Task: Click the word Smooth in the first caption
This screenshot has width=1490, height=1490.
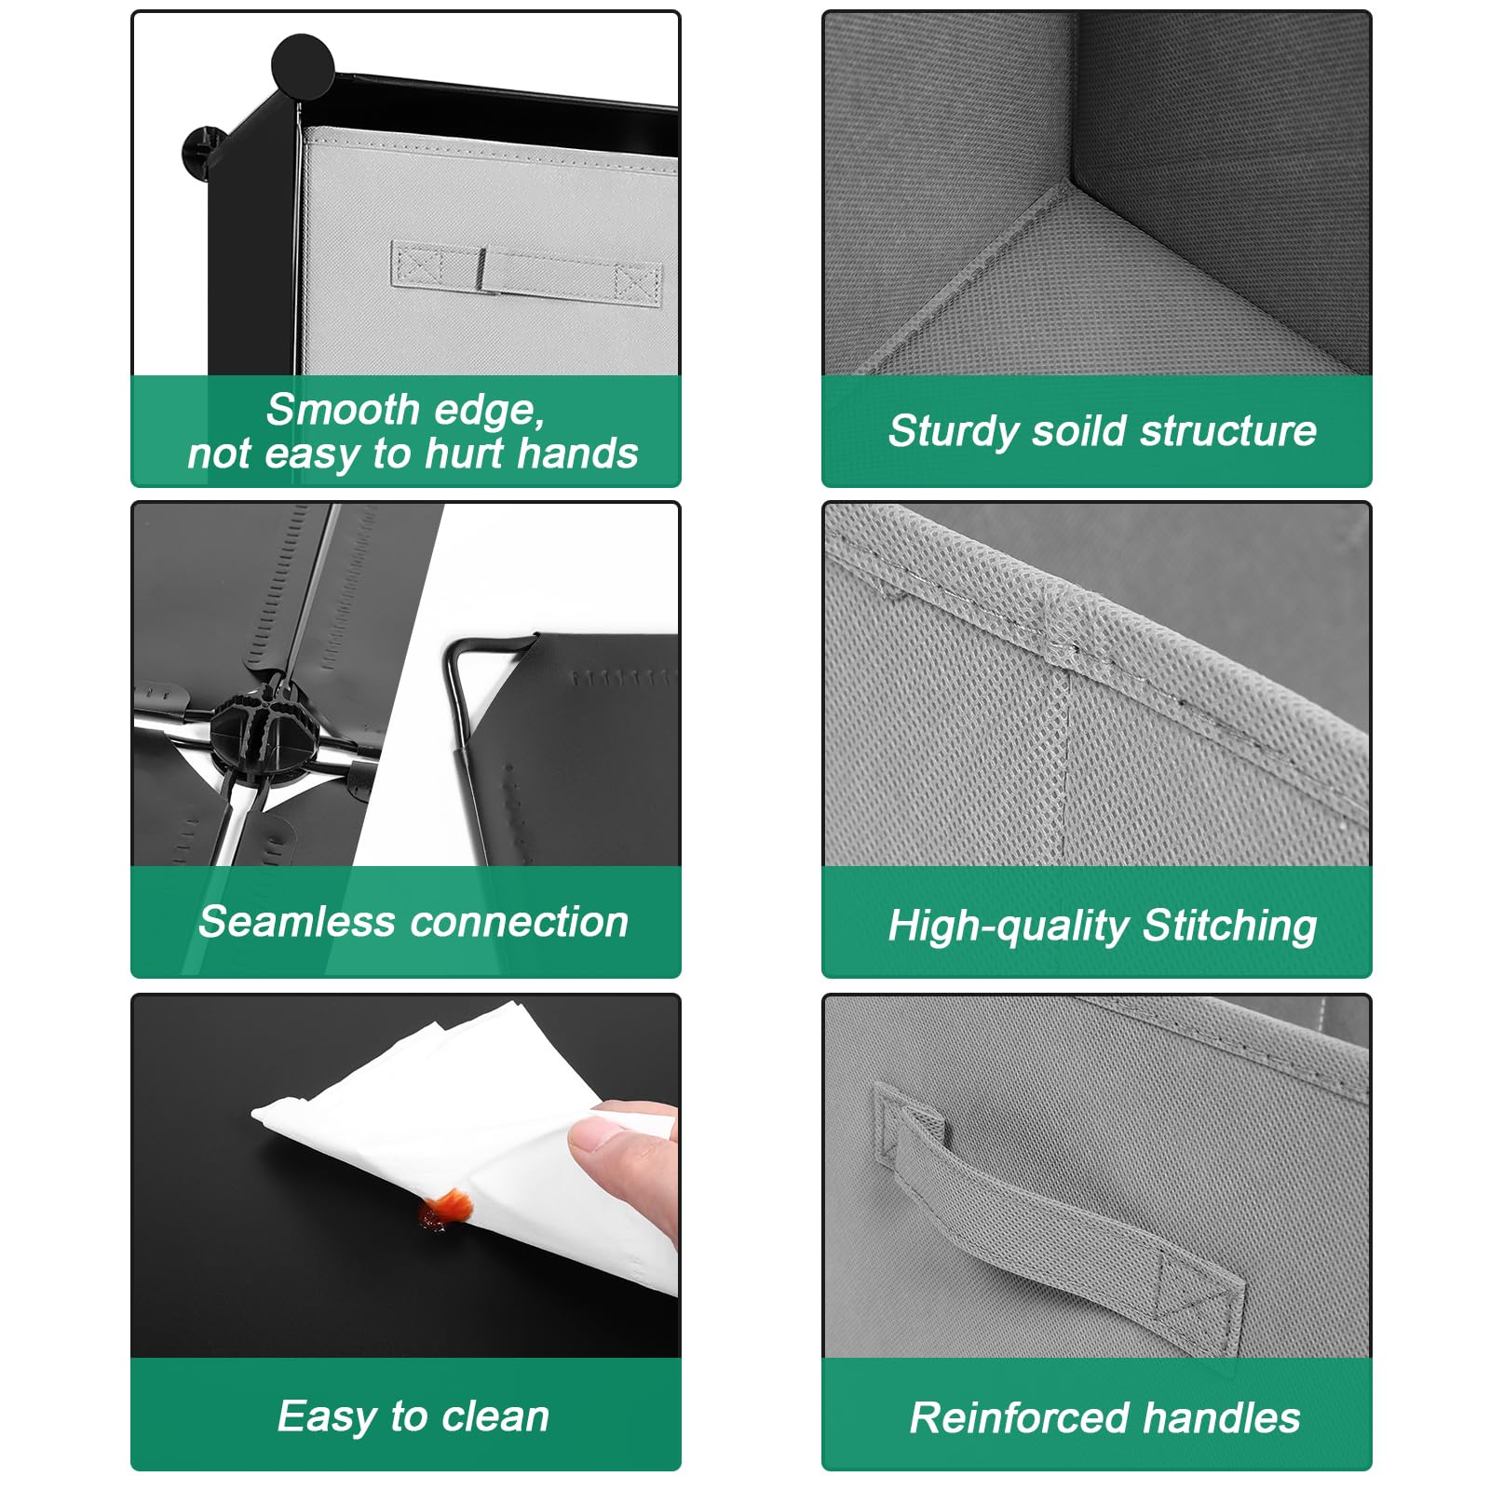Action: click(x=343, y=409)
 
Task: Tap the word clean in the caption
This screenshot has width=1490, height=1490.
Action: click(x=495, y=1415)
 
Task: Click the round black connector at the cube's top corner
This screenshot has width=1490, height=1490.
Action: click(x=303, y=66)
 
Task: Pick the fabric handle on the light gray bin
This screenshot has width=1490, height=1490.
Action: click(x=527, y=271)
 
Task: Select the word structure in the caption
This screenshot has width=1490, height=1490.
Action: click(x=1228, y=430)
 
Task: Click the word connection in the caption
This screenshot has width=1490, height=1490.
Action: click(x=520, y=922)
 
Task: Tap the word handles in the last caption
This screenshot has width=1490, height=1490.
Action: click(x=1222, y=1417)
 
